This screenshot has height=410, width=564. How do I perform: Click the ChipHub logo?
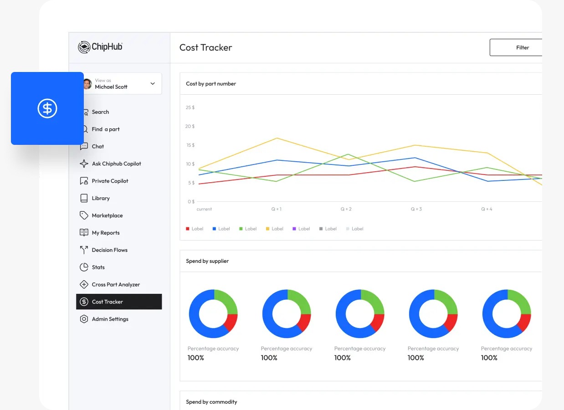[100, 47]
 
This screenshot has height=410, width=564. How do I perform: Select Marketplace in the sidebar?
[107, 215]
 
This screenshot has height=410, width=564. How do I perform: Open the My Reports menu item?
[106, 233]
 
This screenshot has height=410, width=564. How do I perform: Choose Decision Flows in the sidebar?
[109, 250]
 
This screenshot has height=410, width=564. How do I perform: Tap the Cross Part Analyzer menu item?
[116, 285]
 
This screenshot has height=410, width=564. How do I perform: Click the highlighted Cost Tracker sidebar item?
[118, 302]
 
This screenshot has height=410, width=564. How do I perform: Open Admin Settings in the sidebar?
[110, 319]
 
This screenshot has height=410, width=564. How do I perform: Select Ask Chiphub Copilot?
[116, 164]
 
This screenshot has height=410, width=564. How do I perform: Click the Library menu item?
[101, 198]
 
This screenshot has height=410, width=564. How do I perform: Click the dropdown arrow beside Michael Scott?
[153, 84]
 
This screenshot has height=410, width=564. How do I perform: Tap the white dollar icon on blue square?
[47, 108]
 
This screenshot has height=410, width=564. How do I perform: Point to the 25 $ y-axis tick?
[190, 108]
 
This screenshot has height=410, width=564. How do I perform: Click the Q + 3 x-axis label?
[416, 209]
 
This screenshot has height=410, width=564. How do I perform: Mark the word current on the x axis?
[204, 209]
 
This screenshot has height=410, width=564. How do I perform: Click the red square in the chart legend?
[188, 229]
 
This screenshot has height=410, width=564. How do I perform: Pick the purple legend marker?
[294, 229]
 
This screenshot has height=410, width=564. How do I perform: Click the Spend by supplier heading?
[207, 261]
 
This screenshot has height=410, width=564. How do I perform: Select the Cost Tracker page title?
[206, 47]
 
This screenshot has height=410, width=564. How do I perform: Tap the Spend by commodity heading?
[211, 402]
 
